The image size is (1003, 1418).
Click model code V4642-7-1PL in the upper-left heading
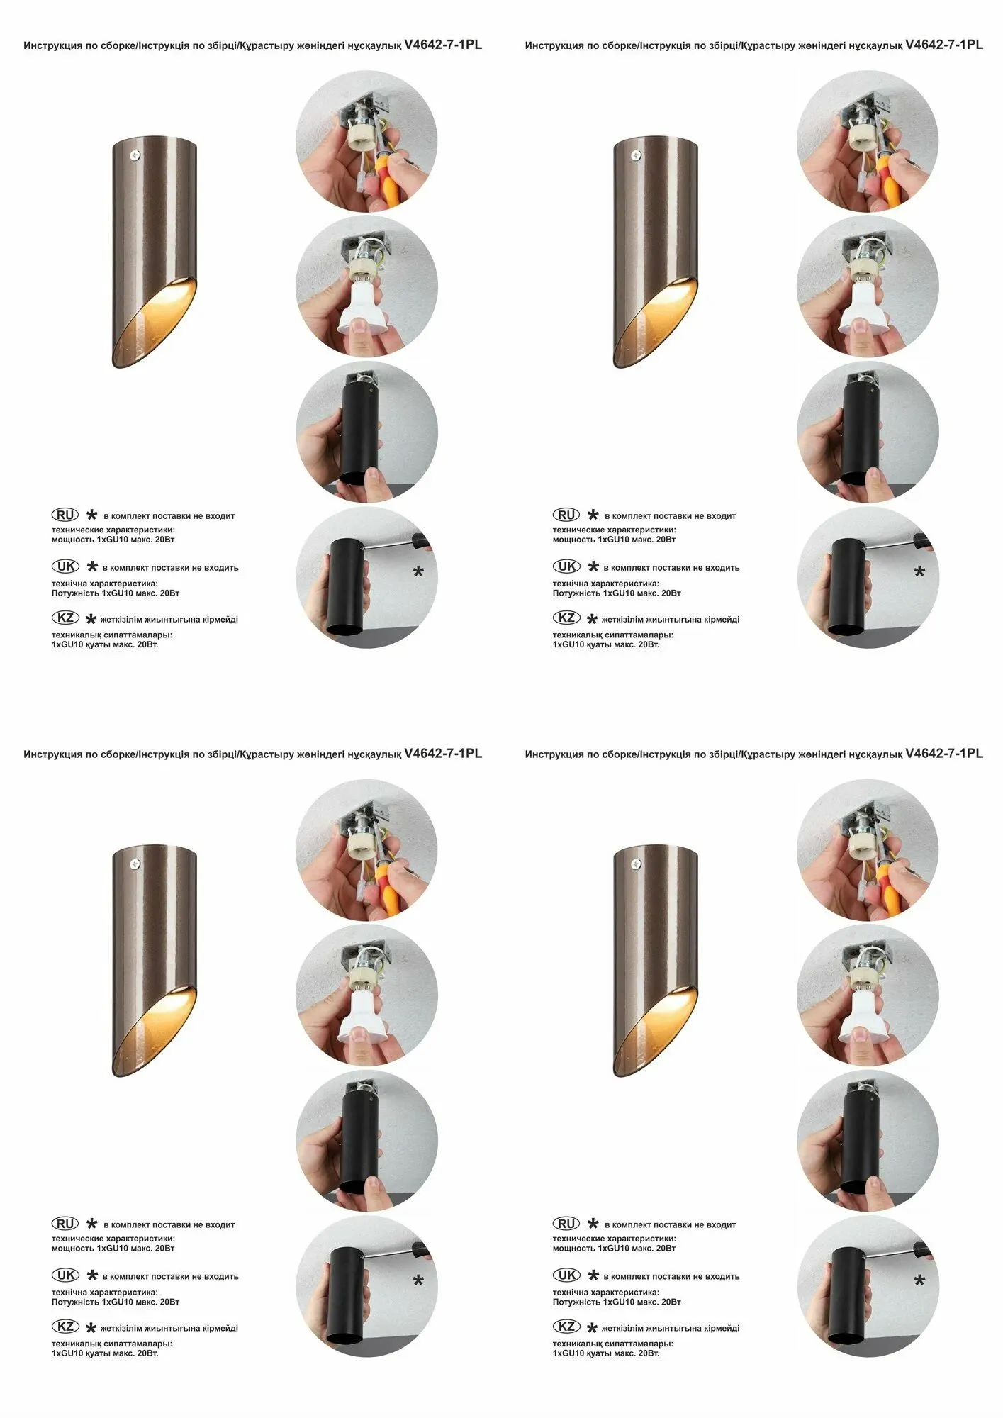[443, 45]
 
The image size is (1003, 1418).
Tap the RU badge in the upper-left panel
[65, 515]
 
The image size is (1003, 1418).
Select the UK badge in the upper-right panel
[566, 566]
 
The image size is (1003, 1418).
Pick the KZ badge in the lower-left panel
[65, 1327]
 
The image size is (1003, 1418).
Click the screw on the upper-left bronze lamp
[135, 155]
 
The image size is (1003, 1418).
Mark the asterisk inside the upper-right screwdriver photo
[919, 572]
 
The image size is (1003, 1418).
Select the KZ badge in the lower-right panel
[566, 1327]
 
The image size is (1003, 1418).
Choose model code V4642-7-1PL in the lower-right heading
[944, 754]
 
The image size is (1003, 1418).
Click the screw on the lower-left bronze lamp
[135, 864]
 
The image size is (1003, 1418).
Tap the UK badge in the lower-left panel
[65, 1275]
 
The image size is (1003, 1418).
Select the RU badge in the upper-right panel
[566, 515]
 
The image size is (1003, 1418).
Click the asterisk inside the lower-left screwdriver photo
[418, 1281]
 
